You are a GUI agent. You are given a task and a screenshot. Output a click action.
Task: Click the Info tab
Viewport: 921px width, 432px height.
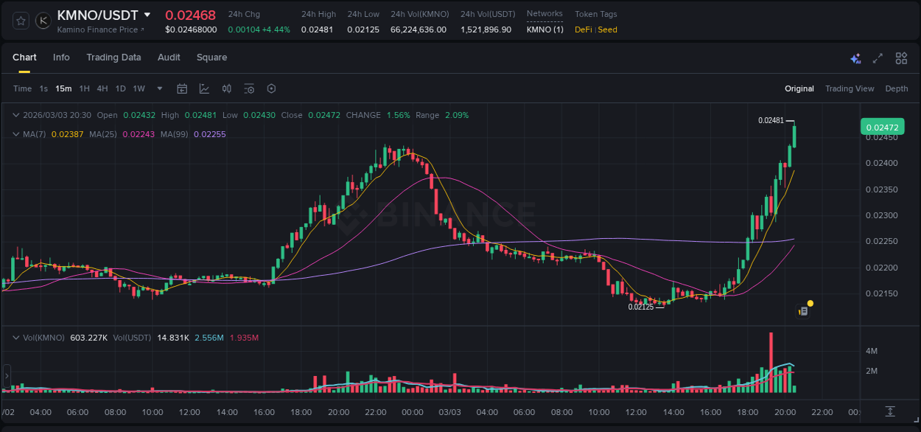[61, 58]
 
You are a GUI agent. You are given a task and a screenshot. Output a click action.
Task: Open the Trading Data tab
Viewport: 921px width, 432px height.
[113, 58]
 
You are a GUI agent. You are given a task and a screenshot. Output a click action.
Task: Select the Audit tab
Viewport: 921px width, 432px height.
[169, 58]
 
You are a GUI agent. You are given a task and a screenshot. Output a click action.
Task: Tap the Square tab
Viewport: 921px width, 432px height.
[211, 58]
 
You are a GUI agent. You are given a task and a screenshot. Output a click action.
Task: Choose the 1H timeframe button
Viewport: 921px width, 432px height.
[84, 88]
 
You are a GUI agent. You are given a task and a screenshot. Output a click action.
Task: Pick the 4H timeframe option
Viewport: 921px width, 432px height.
[102, 88]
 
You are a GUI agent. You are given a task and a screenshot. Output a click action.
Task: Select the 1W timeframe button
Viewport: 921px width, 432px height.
[139, 88]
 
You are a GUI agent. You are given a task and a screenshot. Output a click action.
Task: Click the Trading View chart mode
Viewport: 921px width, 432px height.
[849, 88]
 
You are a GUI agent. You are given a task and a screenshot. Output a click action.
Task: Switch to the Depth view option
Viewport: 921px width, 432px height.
[896, 88]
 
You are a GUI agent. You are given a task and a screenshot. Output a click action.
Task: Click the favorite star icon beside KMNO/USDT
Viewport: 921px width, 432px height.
[21, 21]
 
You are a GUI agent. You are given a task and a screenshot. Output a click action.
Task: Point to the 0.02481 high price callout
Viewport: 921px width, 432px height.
[771, 120]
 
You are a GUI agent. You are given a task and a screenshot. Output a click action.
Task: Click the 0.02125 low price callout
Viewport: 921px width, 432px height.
[640, 307]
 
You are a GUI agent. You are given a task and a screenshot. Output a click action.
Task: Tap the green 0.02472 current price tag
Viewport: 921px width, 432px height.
[882, 127]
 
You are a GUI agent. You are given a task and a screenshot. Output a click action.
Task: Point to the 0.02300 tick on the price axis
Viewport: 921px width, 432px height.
[880, 215]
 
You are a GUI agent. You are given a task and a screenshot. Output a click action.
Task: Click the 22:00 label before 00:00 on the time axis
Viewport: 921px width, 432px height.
[376, 412]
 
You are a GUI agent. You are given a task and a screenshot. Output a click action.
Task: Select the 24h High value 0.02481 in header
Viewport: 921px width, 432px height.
[318, 29]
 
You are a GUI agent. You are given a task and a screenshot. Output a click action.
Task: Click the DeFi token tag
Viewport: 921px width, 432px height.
[584, 29]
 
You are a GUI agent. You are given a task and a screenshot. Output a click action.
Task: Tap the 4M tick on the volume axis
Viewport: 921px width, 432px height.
[871, 351]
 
